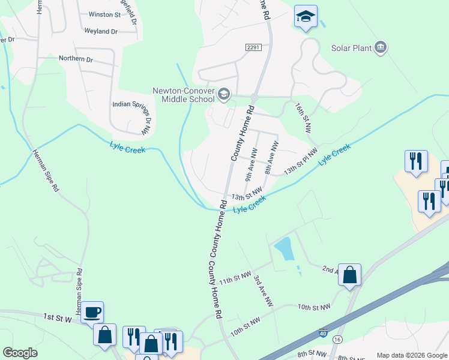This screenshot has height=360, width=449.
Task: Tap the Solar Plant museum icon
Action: (x=380, y=47)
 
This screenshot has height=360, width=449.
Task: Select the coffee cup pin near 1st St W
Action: (x=92, y=312)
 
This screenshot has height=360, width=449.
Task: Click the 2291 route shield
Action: (x=253, y=47)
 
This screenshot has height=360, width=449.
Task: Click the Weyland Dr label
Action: (x=101, y=31)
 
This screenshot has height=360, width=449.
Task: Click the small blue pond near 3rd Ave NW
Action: (x=283, y=248)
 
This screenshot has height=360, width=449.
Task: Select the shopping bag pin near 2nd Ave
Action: (x=350, y=275)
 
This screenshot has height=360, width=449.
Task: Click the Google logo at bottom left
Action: (x=19, y=353)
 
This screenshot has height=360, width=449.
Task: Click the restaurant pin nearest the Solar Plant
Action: (x=416, y=161)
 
